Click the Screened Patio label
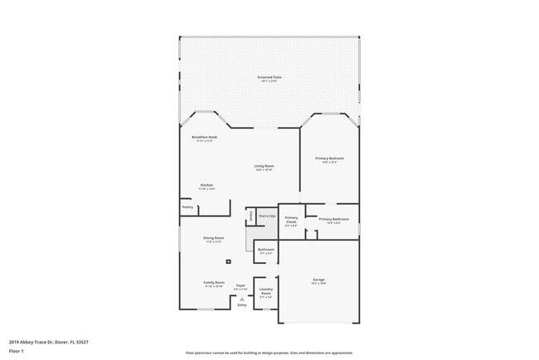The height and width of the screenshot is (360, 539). coord(269,76)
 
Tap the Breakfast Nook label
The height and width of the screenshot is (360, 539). coord(204,137)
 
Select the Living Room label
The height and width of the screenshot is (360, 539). coord(264,166)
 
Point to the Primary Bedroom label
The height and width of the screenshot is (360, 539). coord(329,158)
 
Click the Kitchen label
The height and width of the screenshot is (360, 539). coord(206,185)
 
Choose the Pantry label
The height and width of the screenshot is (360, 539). coord(187,207)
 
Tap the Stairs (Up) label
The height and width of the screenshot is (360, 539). coord(266,216)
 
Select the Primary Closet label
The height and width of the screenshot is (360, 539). coord(291,220)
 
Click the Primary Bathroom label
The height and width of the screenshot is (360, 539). coord(333,220)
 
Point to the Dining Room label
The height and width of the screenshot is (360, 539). coord(214,239)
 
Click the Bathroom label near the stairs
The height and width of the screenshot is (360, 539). coord(265,249)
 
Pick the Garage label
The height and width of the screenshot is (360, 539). coord(318,280)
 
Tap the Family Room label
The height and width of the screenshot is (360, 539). coord(214,283)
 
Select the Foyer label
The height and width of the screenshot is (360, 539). coord(240,286)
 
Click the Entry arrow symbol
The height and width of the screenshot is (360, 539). coord(242,299)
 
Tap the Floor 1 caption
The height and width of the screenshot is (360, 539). coord(17,351)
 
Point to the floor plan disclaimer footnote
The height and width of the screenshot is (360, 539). coord(269,352)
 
